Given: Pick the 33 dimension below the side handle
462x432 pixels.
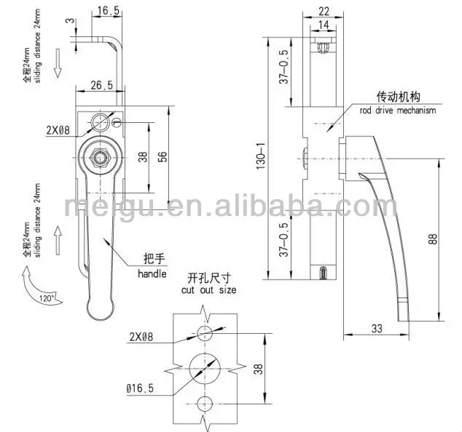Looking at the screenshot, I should pos(377,328).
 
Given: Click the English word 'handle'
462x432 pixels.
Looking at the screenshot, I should pos(152,274).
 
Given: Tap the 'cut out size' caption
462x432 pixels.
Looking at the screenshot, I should pos(210,290).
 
